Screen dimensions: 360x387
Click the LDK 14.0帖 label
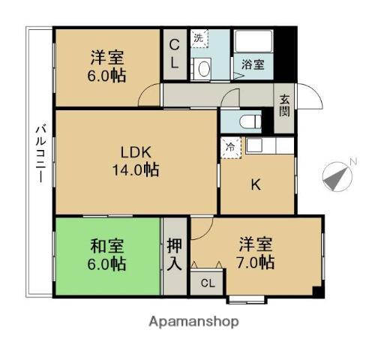coord(136,160)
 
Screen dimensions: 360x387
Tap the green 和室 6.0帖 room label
coord(108,255)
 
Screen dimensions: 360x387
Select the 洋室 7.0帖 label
coord(256,253)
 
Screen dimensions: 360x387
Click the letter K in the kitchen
coord(255,186)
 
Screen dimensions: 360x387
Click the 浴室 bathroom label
coord(252,64)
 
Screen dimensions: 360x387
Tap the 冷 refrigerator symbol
coord(230,147)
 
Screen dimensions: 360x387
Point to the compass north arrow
coord(337,176)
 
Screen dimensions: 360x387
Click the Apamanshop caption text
coord(193,322)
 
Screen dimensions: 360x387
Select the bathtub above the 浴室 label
coord(255,42)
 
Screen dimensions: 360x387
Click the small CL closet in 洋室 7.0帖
coord(207,283)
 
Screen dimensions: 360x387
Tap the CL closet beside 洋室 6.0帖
coord(173,54)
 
